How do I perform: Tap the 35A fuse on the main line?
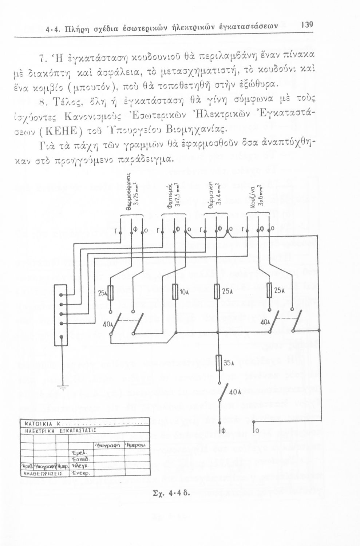point(219,363)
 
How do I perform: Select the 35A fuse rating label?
point(228,363)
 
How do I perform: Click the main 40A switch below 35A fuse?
point(223,392)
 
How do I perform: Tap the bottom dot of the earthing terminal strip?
point(62,336)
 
